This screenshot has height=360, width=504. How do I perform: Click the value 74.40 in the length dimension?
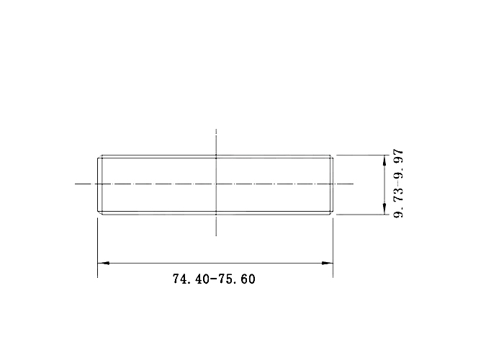point(192,279)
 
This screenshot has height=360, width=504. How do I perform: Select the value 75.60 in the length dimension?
point(237,279)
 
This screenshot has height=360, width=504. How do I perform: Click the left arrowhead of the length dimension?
point(103,263)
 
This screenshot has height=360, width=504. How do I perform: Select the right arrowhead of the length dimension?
point(327,263)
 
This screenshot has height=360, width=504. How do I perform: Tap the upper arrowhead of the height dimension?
point(384,161)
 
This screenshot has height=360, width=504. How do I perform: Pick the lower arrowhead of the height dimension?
point(384,209)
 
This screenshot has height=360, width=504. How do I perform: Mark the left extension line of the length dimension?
point(97,248)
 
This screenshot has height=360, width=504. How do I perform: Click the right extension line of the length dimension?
point(333,248)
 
